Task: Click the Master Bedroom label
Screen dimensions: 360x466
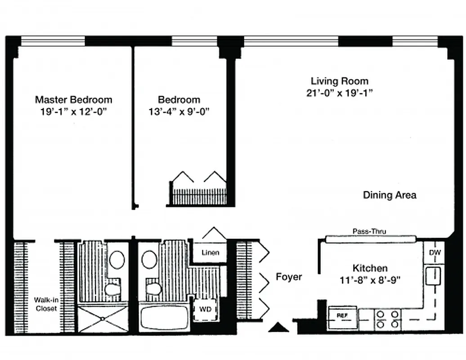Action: pyautogui.click(x=73, y=99)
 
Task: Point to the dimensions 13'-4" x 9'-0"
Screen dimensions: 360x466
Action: pyautogui.click(x=179, y=112)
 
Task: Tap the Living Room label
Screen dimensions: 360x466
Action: pyautogui.click(x=339, y=81)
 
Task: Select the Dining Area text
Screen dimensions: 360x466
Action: pyautogui.click(x=389, y=195)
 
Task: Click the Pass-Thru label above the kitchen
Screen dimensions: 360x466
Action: pyautogui.click(x=369, y=231)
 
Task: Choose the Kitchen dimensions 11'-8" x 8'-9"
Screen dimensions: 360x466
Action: pyautogui.click(x=370, y=279)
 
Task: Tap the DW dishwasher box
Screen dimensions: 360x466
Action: pyautogui.click(x=435, y=253)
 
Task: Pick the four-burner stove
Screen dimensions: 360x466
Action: pyautogui.click(x=388, y=319)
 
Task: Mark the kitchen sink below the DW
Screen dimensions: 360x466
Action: pyautogui.click(x=434, y=275)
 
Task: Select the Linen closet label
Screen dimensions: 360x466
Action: pyautogui.click(x=210, y=252)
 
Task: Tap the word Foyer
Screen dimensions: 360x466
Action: pyautogui.click(x=289, y=277)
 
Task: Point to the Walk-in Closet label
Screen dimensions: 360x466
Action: pyautogui.click(x=46, y=304)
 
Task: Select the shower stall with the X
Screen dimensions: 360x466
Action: pyautogui.click(x=103, y=318)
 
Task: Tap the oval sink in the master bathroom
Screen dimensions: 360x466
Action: pyautogui.click(x=117, y=260)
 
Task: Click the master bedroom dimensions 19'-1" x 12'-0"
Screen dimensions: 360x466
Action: pyautogui.click(x=73, y=112)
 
